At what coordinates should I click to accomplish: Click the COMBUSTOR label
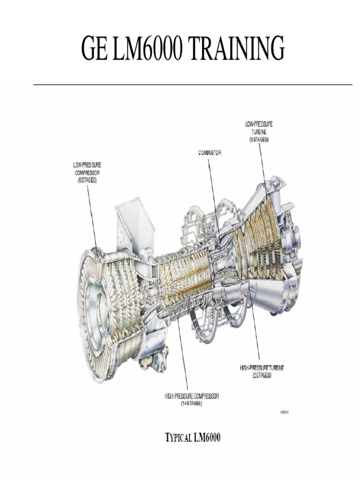coord(209,153)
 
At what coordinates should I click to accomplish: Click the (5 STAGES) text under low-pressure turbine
coord(259,140)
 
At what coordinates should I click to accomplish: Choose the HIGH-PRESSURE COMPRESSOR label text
coord(191,397)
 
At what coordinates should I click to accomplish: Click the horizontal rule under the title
coord(193,85)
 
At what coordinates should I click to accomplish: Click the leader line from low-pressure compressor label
coord(92,216)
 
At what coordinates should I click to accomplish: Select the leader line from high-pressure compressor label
coord(184,356)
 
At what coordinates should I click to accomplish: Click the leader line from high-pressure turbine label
coord(255,333)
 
